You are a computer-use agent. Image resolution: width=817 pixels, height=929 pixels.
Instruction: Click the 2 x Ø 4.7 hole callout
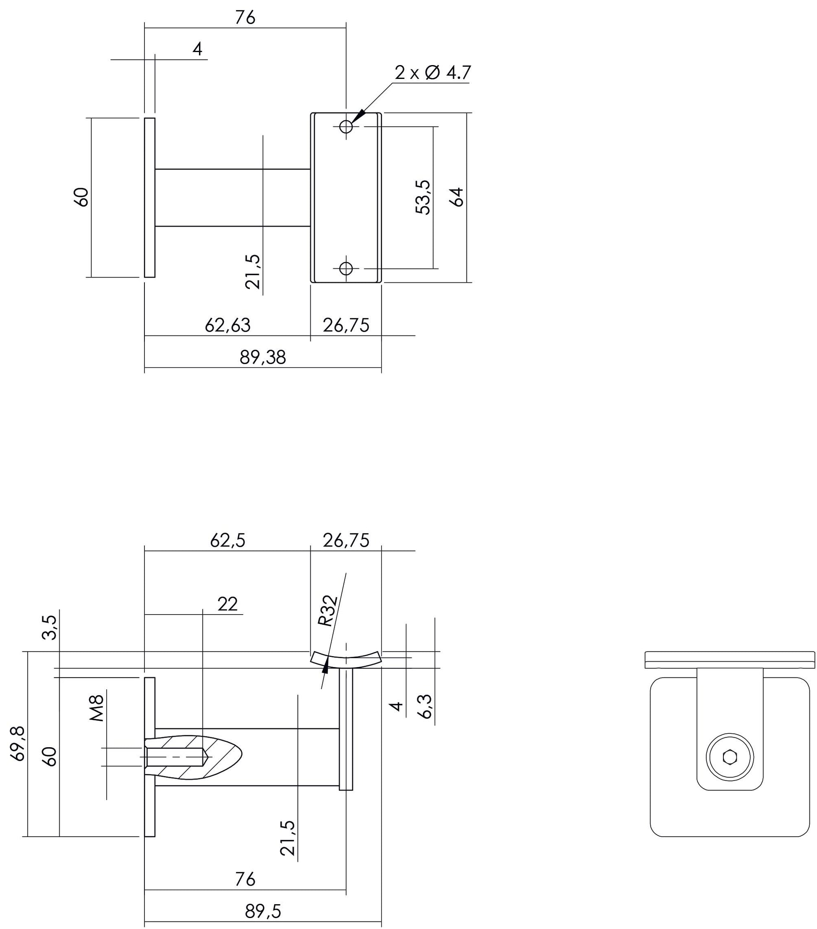(432, 73)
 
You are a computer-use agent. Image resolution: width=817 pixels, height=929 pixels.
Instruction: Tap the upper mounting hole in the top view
(346, 126)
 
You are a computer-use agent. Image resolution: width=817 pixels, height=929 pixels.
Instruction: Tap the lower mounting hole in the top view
(346, 269)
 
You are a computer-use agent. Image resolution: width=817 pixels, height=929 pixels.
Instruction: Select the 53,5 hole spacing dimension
(423, 197)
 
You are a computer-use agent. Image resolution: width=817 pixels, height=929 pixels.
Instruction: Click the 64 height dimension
(458, 197)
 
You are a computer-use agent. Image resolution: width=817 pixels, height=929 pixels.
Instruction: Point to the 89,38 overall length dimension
(263, 358)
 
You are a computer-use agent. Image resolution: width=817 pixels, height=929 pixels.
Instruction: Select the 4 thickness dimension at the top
(197, 49)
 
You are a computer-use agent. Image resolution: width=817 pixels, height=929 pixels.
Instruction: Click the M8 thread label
(97, 708)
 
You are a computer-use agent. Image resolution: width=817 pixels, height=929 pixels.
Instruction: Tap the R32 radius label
(328, 611)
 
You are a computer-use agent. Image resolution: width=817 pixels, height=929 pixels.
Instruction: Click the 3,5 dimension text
(50, 627)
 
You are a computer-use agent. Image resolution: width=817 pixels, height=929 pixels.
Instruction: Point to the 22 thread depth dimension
(227, 604)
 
